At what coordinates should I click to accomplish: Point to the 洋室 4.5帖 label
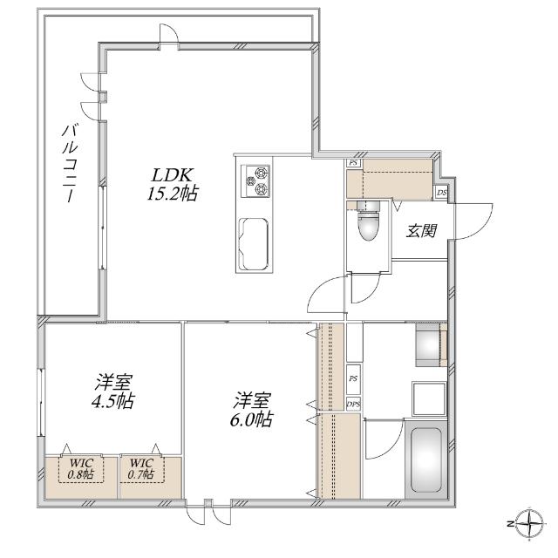click(114, 392)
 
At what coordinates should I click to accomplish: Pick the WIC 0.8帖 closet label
click(82, 468)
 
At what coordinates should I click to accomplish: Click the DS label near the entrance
click(441, 192)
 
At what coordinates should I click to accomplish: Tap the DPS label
click(353, 404)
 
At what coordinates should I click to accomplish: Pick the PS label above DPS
click(353, 379)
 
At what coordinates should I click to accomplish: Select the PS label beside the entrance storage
click(353, 163)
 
